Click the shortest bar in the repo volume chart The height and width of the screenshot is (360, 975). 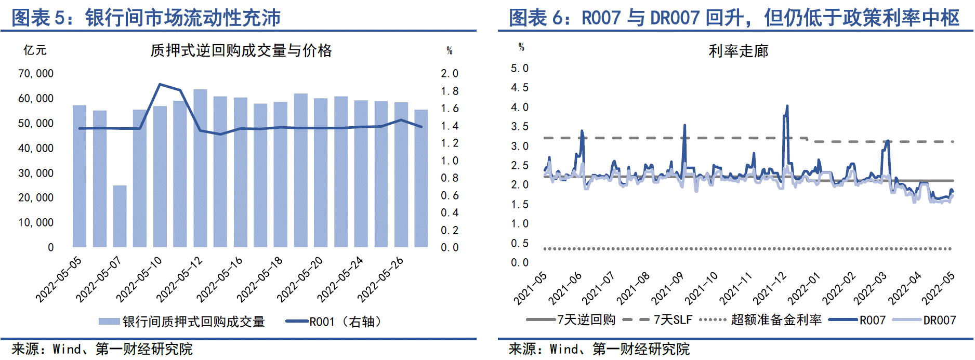coord(120,216)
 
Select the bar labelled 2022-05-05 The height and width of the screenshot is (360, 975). coord(80,177)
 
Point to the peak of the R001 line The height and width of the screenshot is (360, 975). coord(160,84)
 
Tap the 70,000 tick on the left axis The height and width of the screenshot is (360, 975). coord(36,74)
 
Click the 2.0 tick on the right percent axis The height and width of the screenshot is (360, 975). coord(450,74)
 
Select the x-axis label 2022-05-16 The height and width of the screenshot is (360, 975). coord(220,279)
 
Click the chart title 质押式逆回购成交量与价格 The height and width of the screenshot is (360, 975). coord(241,50)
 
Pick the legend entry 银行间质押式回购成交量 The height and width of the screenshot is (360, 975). coord(182,322)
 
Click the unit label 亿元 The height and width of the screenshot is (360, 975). coord(35,50)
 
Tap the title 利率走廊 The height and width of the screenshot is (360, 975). coord(738,51)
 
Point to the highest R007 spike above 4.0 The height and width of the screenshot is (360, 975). coord(787,106)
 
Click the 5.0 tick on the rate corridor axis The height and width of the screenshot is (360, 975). coord(519,69)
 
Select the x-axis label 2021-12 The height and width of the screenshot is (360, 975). coord(770,288)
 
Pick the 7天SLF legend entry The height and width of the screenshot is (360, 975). coord(658,320)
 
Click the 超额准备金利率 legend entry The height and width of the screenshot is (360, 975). coord(762,320)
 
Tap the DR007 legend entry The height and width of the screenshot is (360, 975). coord(925,320)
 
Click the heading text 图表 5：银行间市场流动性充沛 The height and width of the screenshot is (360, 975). coord(146,18)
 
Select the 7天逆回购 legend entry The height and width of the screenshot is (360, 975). coord(572,320)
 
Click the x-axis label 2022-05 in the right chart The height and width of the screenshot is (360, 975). coord(938,288)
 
